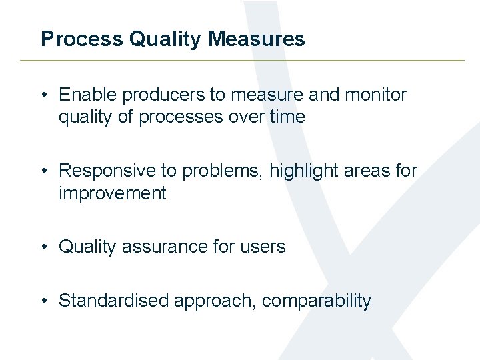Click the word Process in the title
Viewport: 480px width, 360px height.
82,39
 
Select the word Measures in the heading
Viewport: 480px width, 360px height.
257,39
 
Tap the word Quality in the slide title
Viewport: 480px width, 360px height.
165,39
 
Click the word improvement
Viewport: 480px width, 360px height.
112,194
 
